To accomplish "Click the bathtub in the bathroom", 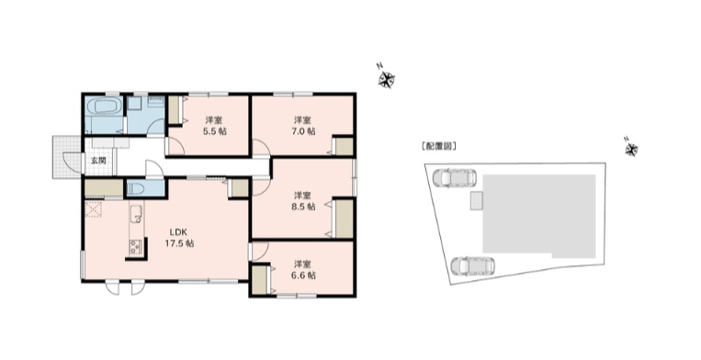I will point(101,117).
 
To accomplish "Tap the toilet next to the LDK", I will point(137,188).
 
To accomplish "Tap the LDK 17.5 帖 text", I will point(178,238).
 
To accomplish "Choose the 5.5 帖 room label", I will point(215,126).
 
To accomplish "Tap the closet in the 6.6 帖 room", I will point(259,278).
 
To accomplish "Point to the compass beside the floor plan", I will point(387,76).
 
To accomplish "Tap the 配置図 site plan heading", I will point(438,147).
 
